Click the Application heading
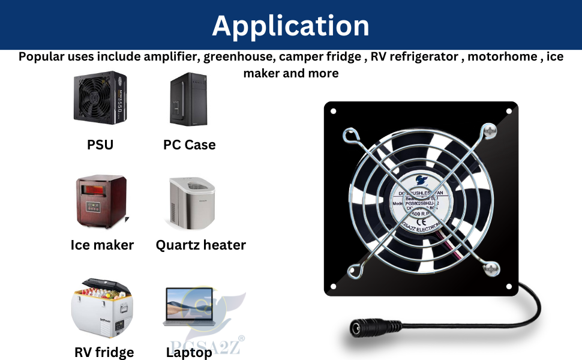point(290,25)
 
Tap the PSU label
point(100,145)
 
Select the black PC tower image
point(188,99)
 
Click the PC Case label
point(189,145)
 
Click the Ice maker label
point(102,245)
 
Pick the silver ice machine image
point(191,202)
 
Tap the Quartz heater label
point(200,245)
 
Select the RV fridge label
point(104,352)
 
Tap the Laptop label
point(189,352)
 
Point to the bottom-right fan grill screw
point(491,269)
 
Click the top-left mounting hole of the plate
point(334,111)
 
